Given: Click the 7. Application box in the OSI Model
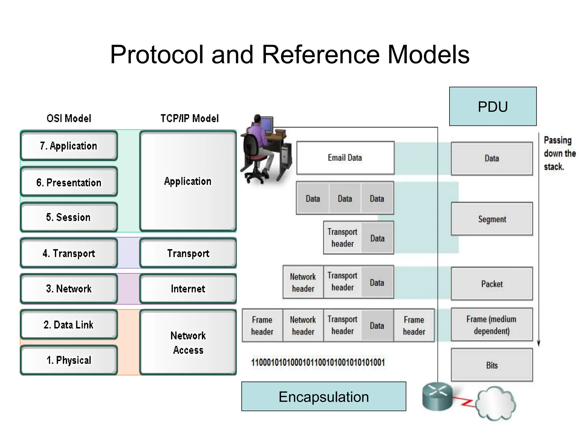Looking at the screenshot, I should click(x=69, y=146).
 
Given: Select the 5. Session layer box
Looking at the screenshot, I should click(x=69, y=217).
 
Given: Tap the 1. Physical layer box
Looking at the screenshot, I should click(x=69, y=360).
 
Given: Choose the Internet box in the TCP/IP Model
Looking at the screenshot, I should click(x=188, y=289).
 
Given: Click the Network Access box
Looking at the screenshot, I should click(x=188, y=343).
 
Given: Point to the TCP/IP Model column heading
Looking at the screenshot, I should click(x=189, y=118).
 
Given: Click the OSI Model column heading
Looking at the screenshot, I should click(x=69, y=118).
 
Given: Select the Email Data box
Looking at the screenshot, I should click(x=345, y=158).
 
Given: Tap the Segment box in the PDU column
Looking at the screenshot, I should click(x=492, y=219).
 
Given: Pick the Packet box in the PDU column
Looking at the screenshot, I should click(x=492, y=284).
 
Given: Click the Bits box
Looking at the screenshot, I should click(x=492, y=365).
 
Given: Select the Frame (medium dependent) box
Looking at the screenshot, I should click(x=492, y=325).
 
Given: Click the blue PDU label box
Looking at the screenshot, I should click(x=493, y=106).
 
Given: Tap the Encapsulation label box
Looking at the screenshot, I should click(x=323, y=396).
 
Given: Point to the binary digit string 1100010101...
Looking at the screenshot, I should click(x=318, y=362).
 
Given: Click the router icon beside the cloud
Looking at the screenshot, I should click(x=437, y=396).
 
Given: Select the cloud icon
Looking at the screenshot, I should click(x=496, y=404).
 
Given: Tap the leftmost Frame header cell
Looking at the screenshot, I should click(x=262, y=325).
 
